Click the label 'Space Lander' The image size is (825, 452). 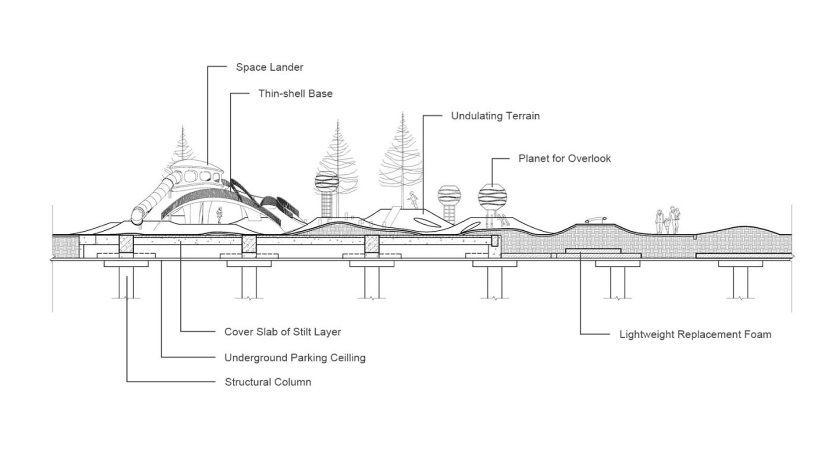(x=269, y=67)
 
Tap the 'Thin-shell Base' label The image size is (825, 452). (x=295, y=94)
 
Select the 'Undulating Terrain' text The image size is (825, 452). (x=495, y=116)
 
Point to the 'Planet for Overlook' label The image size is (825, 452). (x=564, y=158)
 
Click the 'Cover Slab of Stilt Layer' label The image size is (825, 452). (x=283, y=332)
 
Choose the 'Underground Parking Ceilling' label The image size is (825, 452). (x=295, y=358)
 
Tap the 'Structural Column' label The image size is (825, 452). (x=268, y=382)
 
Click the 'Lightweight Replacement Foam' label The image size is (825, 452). (x=695, y=334)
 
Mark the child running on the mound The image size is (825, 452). (x=412, y=200)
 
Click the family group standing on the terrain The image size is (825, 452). (x=667, y=220)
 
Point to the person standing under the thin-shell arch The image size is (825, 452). (x=219, y=215)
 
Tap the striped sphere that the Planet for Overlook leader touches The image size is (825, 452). (x=492, y=197)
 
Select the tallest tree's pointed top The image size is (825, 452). (x=403, y=112)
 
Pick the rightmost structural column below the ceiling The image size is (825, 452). (x=740, y=282)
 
